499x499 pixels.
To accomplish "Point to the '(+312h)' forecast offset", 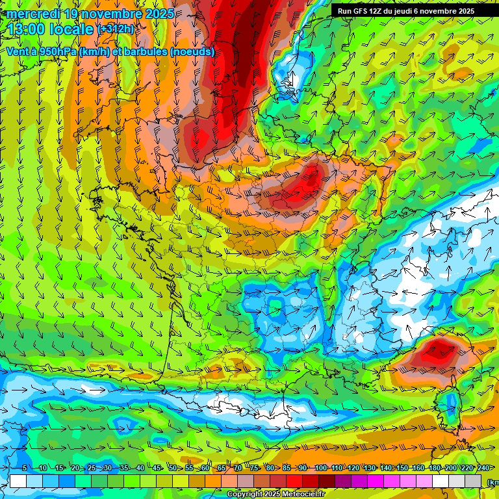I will coord(116,29).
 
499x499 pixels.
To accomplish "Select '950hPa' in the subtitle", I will coord(57,51).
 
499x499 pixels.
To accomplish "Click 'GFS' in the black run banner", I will coord(363,11).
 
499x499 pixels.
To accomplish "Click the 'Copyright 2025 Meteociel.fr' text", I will coord(275,494).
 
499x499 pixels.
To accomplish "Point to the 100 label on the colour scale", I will coord(320,468).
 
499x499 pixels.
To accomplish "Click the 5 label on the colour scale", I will coord(25,468).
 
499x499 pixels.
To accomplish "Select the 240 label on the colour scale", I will coord(483,468).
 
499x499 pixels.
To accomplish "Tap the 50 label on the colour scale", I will coord(173,468).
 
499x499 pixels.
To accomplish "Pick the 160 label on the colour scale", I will coord(418,468).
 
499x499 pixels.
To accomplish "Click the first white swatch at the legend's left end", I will coord(18,481).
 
